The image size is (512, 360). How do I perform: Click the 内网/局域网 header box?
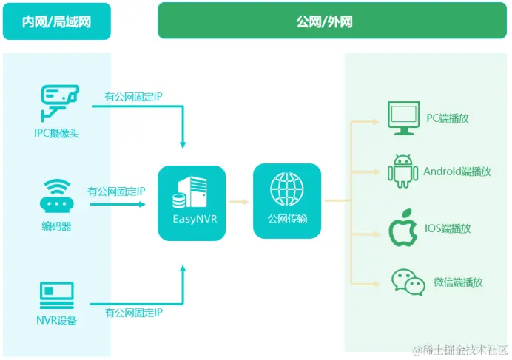pyautogui.click(x=57, y=21)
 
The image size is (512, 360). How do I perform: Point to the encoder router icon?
pyautogui.click(x=58, y=194)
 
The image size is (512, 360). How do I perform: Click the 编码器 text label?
pyautogui.click(x=57, y=226)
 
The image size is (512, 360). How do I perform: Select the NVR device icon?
pyautogui.click(x=57, y=295)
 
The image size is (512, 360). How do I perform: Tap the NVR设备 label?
pyautogui.click(x=57, y=320)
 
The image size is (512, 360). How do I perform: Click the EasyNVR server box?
pyautogui.click(x=191, y=202)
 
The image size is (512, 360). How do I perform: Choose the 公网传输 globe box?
pyautogui.click(x=287, y=200)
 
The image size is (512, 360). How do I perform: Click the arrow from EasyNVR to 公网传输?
pyautogui.click(x=239, y=200)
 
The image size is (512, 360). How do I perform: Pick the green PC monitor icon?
pyautogui.click(x=403, y=119)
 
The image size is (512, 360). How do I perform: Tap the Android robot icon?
pyautogui.click(x=402, y=171)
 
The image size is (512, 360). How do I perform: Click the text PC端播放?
pyautogui.click(x=449, y=118)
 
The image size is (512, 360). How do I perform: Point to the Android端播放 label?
pyautogui.click(x=457, y=171)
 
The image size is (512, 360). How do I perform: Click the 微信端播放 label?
pyautogui.click(x=458, y=282)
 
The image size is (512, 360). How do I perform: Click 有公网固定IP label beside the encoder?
pyautogui.click(x=116, y=191)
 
